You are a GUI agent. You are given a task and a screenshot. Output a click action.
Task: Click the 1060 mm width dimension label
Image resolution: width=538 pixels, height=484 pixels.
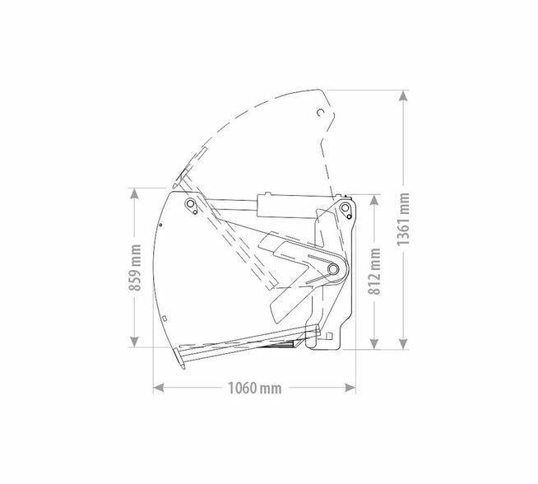[x=254, y=389]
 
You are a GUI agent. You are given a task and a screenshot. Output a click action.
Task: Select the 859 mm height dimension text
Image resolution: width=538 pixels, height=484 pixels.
[x=135, y=268]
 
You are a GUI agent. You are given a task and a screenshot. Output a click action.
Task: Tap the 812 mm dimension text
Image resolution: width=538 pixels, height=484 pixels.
[x=374, y=271]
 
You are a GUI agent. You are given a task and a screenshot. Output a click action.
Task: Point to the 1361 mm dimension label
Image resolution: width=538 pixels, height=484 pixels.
[x=403, y=219]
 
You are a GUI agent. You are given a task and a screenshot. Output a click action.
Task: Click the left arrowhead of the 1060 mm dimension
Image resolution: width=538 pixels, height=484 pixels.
[x=158, y=388]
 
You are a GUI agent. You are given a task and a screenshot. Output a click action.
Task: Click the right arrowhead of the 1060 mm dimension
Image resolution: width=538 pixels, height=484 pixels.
[x=350, y=388]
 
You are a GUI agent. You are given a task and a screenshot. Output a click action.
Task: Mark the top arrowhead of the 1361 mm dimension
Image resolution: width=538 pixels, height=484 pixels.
[x=403, y=95]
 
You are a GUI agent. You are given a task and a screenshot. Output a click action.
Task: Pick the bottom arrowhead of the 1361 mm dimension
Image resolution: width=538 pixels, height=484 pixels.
[x=403, y=343]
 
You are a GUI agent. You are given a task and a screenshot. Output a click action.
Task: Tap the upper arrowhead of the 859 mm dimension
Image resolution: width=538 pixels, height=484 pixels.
[x=135, y=193]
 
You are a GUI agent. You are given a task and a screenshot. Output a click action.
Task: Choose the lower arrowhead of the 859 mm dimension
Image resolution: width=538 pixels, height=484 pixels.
[x=135, y=342]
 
